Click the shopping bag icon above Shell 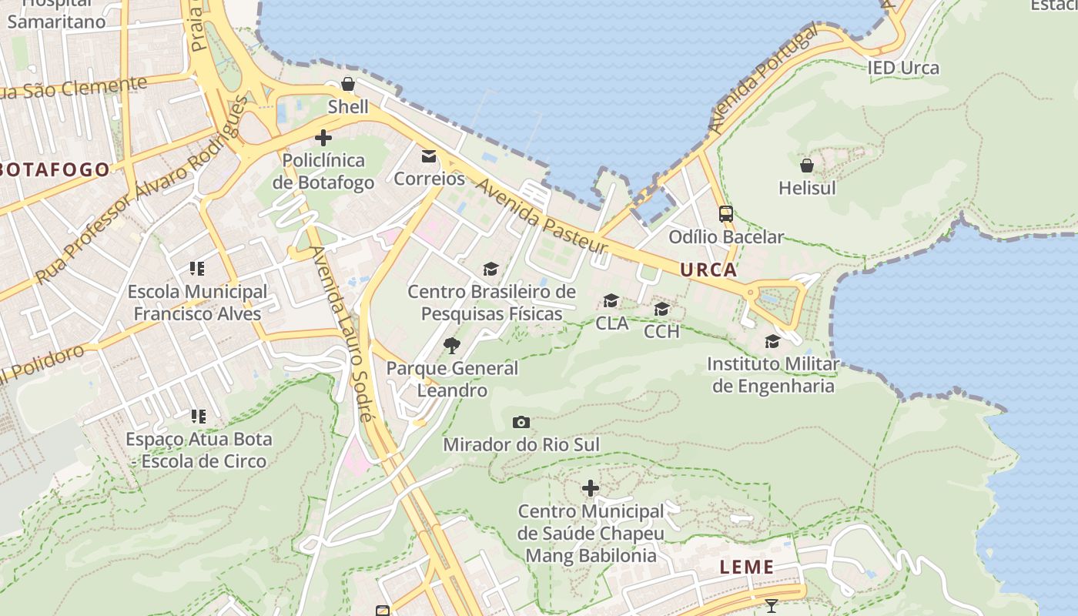pyautogui.click(x=348, y=84)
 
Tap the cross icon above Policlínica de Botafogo pyautogui.click(x=323, y=138)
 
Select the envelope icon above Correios pyautogui.click(x=428, y=156)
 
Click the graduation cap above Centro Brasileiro pyautogui.click(x=490, y=269)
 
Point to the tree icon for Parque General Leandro pyautogui.click(x=452, y=345)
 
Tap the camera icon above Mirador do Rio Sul pyautogui.click(x=521, y=422)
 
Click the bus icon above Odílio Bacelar pyautogui.click(x=725, y=214)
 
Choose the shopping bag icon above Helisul pyautogui.click(x=807, y=166)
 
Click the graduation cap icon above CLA pyautogui.click(x=611, y=300)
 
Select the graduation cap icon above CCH pyautogui.click(x=661, y=309)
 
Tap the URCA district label pyautogui.click(x=708, y=270)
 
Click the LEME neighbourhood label pyautogui.click(x=747, y=567)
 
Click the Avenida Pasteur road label pyautogui.click(x=541, y=218)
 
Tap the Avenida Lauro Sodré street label pyautogui.click(x=342, y=333)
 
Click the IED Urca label pyautogui.click(x=904, y=68)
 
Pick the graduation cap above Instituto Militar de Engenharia pyautogui.click(x=772, y=341)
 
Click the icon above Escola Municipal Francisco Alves pyautogui.click(x=197, y=269)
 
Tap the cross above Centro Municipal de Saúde pyautogui.click(x=591, y=488)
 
